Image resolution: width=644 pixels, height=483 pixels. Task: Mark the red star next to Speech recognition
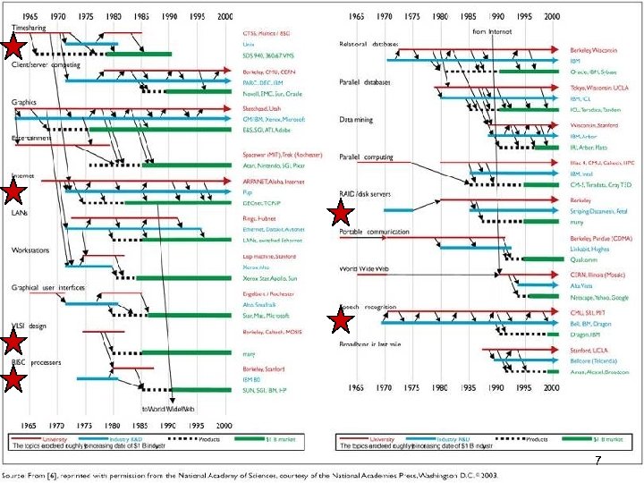[341, 320]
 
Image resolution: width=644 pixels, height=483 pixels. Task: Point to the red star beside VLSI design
[13, 342]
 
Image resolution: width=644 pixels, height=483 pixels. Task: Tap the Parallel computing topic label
[367, 157]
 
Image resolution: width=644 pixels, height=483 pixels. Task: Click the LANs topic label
[19, 213]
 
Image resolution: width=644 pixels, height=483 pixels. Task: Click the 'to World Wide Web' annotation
[169, 407]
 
